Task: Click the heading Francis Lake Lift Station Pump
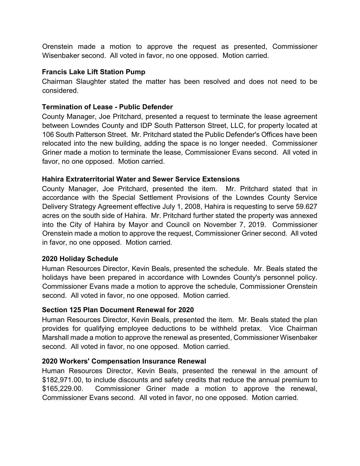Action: click(x=93, y=72)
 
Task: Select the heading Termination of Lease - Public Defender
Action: click(x=107, y=107)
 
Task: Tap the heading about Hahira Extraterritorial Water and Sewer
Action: click(x=141, y=179)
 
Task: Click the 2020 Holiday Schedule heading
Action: click(x=80, y=259)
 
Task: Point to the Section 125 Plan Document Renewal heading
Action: click(x=118, y=310)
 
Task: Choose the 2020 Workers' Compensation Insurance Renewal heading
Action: click(x=124, y=361)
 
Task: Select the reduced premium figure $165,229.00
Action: click(x=62, y=389)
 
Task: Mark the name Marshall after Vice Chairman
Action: click(x=55, y=338)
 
